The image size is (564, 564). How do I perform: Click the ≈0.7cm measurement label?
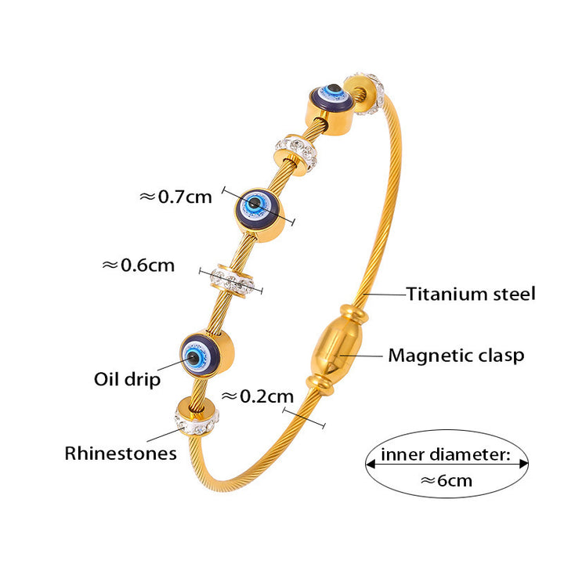click(175, 197)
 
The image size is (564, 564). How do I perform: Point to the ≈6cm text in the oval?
click(446, 479)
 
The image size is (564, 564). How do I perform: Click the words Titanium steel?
click(471, 295)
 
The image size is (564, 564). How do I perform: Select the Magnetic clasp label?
click(456, 356)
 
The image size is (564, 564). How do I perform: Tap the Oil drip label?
click(128, 380)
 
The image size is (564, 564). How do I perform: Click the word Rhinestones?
click(121, 453)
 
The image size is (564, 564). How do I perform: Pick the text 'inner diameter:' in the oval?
click(446, 454)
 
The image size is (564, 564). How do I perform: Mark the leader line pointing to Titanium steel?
click(385, 295)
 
